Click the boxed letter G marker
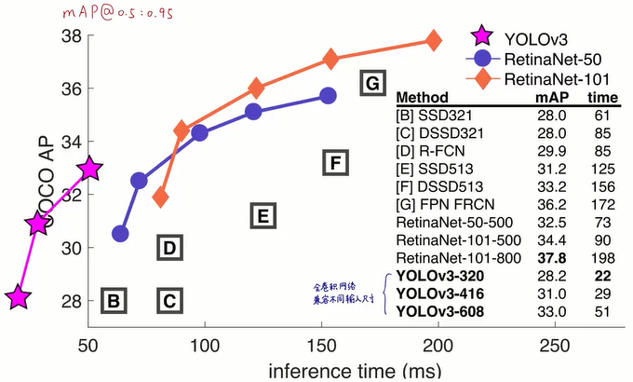[371, 84]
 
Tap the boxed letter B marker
[113, 301]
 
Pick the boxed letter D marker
[168, 248]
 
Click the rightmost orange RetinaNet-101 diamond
[433, 40]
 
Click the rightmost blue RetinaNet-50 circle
[328, 96]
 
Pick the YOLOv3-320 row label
[439, 275]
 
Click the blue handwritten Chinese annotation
[348, 293]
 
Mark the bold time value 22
[603, 275]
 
